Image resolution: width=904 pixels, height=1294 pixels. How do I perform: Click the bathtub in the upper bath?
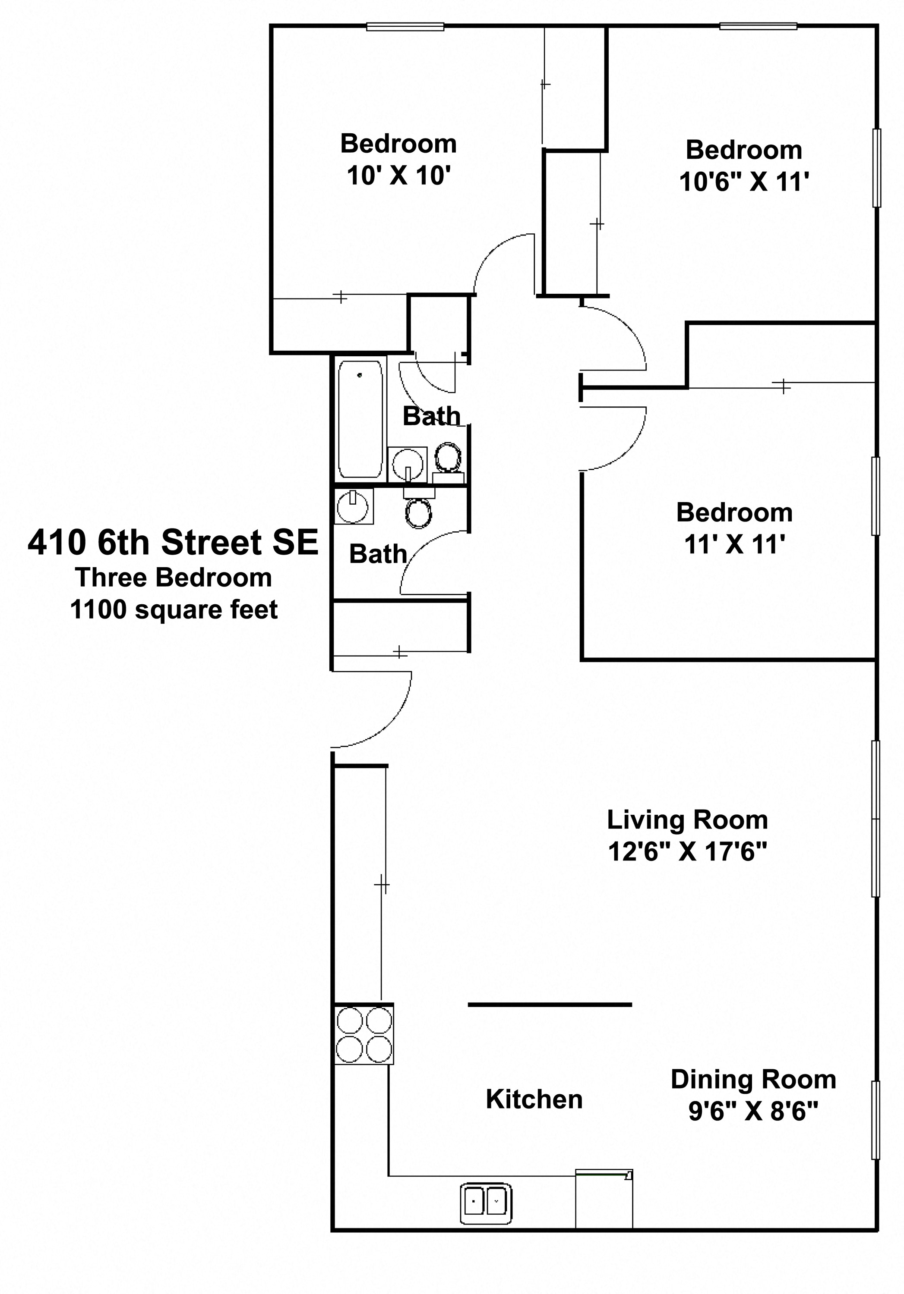click(360, 419)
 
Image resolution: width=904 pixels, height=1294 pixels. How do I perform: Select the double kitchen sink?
click(486, 1204)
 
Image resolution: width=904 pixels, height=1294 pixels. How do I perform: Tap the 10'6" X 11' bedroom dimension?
click(744, 182)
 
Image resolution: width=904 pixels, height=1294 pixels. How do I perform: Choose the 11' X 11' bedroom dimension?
click(735, 544)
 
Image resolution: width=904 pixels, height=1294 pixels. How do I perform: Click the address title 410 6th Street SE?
click(173, 542)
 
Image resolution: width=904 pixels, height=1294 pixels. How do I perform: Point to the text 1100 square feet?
click(174, 610)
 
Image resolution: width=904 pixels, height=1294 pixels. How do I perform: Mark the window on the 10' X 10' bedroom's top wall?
click(405, 26)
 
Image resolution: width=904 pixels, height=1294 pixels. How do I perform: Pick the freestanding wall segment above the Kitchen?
click(550, 1004)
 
